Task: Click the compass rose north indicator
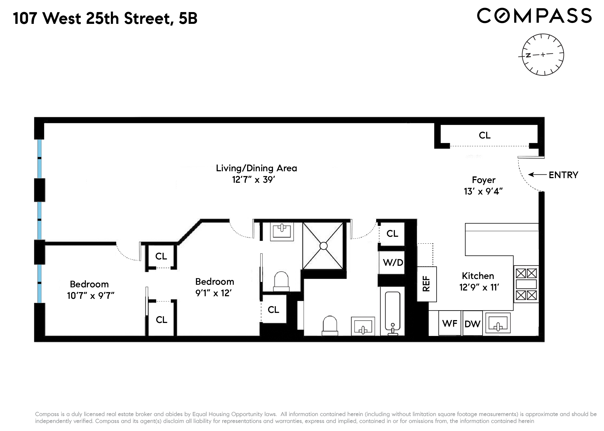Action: (x=528, y=55)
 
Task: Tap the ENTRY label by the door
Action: (x=563, y=175)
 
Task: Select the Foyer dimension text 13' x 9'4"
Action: (x=483, y=191)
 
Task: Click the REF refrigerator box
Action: (x=427, y=284)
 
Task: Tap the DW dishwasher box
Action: (x=472, y=324)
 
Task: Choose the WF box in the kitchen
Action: (x=450, y=324)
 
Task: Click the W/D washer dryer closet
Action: (x=393, y=262)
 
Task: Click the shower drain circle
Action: (x=324, y=246)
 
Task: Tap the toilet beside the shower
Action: (x=281, y=282)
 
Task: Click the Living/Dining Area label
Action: (x=256, y=168)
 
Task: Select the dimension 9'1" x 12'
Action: (x=213, y=293)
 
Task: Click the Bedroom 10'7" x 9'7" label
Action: (x=90, y=290)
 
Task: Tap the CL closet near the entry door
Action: (x=485, y=135)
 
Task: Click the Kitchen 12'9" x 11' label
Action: (x=478, y=282)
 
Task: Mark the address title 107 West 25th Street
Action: (x=105, y=18)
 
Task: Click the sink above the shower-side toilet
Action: (x=282, y=231)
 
